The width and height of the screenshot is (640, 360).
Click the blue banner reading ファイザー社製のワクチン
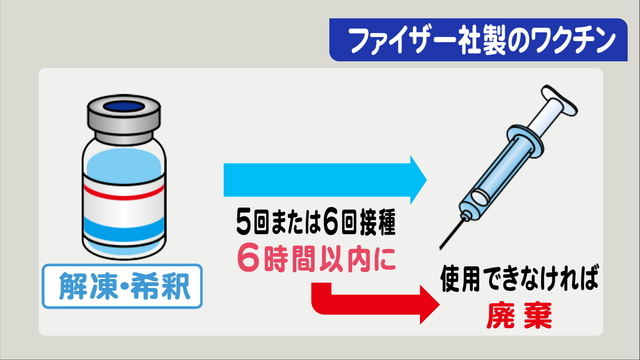pyautogui.click(x=478, y=40)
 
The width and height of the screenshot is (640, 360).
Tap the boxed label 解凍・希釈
pyautogui.click(x=122, y=286)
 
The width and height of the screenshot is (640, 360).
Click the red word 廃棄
pyautogui.click(x=519, y=315)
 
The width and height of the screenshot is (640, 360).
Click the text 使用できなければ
pyautogui.click(x=519, y=279)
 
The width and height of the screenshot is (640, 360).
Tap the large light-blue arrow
pyautogui.click(x=325, y=180)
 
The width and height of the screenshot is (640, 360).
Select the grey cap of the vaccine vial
pyautogui.click(x=124, y=118)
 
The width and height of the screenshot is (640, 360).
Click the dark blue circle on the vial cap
pyautogui.click(x=124, y=107)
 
